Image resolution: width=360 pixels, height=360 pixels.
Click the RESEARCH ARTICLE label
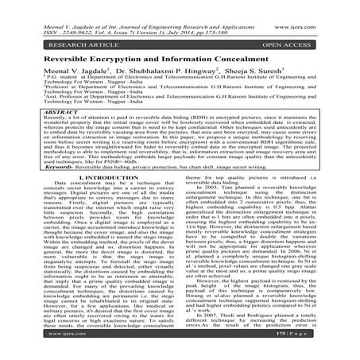(x=45, y=34)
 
